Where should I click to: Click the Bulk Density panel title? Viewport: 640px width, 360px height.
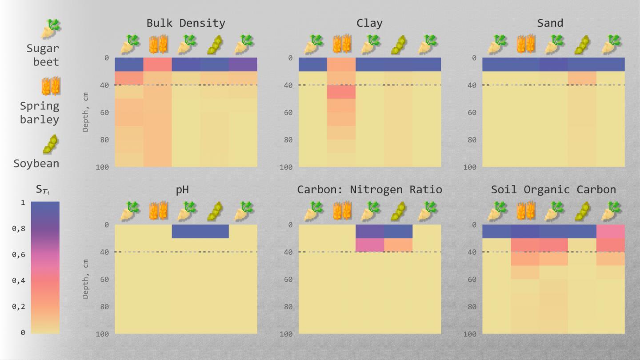186,23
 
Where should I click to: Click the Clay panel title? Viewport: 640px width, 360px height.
369,23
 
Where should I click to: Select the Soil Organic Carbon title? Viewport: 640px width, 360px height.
553,190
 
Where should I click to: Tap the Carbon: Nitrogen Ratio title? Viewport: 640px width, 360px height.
369,190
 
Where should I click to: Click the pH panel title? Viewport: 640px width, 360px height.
182,190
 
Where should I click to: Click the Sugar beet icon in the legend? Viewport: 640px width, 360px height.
51,29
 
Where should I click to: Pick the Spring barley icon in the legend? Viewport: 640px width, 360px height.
51,86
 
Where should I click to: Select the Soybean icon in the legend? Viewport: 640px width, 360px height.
51,144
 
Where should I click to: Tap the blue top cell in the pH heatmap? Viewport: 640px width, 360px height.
200,231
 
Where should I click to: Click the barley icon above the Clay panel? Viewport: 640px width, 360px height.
341,44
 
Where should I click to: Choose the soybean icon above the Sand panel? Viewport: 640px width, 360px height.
582,44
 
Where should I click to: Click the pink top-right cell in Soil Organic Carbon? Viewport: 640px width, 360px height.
610,231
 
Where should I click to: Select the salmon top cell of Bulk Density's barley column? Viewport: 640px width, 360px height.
157,64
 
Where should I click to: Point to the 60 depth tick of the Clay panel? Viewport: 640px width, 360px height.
288,112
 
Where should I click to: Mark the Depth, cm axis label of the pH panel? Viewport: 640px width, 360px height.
86,279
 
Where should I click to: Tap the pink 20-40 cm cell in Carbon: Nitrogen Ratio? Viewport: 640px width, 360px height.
370,245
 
